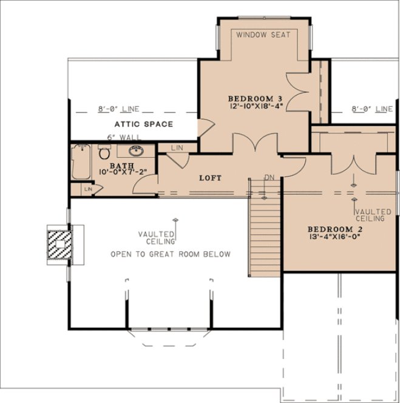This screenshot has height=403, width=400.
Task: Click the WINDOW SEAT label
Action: pos(263,35)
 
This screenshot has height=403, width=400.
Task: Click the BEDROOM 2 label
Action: pos(333,229)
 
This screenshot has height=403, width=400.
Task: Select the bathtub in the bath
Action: pos(80,162)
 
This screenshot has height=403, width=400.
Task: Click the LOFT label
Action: pos(210,178)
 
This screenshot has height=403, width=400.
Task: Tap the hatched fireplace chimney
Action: pos(59,244)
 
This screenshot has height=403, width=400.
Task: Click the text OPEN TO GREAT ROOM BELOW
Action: pos(171,254)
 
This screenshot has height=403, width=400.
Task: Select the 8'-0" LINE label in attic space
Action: pos(119,109)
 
